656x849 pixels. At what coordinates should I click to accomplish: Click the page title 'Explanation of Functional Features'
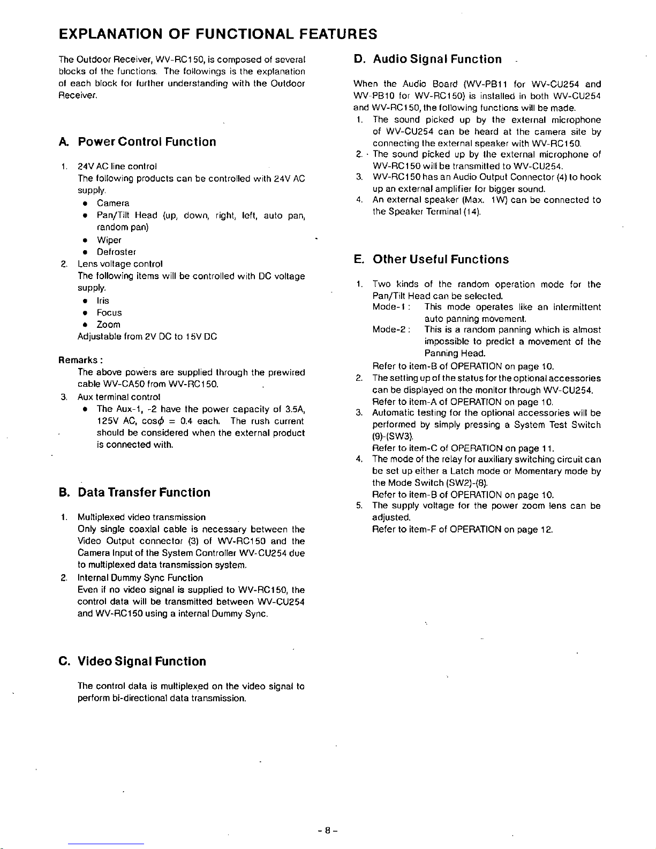click(x=218, y=34)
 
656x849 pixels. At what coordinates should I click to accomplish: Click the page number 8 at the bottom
click(x=328, y=831)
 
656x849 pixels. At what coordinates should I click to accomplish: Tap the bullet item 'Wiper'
click(x=109, y=240)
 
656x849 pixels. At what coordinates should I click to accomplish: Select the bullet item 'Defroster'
click(x=116, y=252)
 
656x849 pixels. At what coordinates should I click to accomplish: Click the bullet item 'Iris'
click(x=102, y=300)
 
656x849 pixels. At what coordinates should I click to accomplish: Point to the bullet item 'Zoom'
click(x=108, y=325)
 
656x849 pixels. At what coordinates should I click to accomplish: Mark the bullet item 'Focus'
click(x=109, y=312)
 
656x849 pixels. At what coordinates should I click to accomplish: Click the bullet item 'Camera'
click(x=113, y=203)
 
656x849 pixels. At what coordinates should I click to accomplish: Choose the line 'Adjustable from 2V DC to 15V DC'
click(x=147, y=336)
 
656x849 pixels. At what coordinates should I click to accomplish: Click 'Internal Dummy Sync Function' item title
click(x=140, y=578)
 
